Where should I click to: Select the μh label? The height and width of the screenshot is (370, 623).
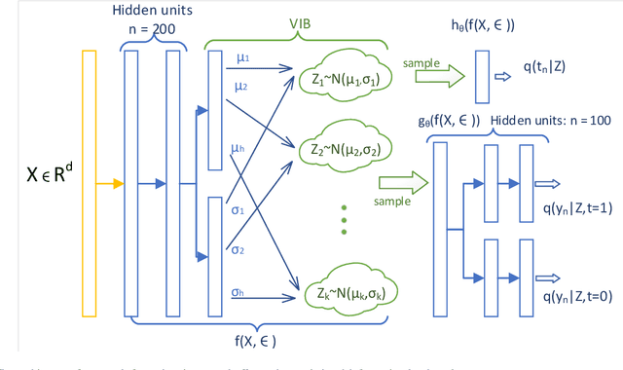(x=238, y=148)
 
